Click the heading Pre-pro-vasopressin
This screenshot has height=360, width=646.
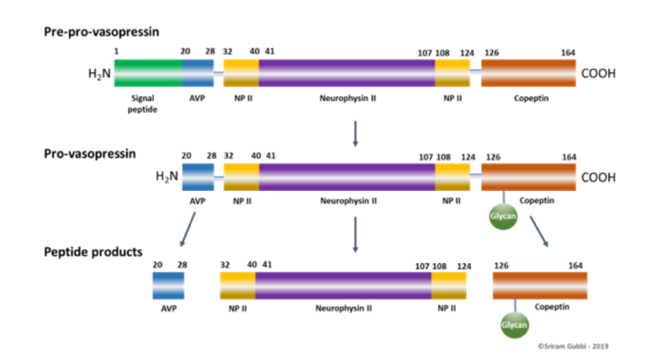tap(101, 32)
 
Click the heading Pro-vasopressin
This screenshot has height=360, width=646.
tap(90, 154)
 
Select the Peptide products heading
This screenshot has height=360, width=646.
tap(93, 251)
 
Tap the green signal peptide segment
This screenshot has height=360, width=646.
tap(148, 73)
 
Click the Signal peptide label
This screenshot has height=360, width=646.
tap(142, 103)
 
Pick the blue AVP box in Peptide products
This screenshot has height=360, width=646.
tap(168, 285)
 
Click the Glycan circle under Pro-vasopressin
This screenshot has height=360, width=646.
tap(503, 216)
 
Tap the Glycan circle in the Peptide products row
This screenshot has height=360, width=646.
tap(515, 325)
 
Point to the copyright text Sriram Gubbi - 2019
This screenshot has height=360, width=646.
tap(573, 347)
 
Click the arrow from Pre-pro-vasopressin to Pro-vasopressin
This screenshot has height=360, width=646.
tap(355, 134)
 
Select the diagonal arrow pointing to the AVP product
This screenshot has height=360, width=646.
tap(188, 230)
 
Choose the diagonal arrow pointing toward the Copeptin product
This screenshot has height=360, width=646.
tap(539, 231)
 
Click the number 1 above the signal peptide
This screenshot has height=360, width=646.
tap(117, 51)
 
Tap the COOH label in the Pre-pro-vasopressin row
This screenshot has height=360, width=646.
tap(598, 73)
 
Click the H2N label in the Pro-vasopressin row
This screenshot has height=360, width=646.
tap(167, 177)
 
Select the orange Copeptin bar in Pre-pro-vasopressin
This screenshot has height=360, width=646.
tap(528, 73)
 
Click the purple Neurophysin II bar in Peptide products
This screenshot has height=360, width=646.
tap(343, 285)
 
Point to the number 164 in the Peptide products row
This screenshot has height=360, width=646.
tap(575, 266)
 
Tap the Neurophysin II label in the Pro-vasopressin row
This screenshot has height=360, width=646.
tap(348, 201)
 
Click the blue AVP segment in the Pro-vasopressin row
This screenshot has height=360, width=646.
tap(199, 177)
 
